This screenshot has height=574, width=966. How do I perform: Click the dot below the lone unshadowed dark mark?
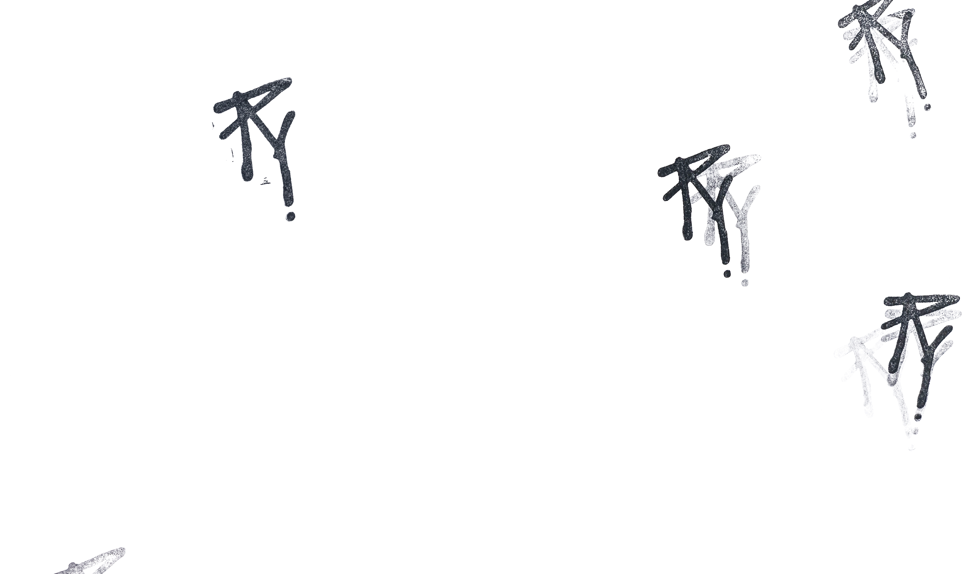click(290, 216)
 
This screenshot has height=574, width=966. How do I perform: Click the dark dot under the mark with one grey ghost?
click(727, 274)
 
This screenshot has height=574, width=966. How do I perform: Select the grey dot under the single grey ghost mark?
click(745, 283)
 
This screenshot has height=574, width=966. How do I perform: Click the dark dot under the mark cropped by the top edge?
click(927, 107)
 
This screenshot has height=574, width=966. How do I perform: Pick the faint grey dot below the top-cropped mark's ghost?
click(913, 135)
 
